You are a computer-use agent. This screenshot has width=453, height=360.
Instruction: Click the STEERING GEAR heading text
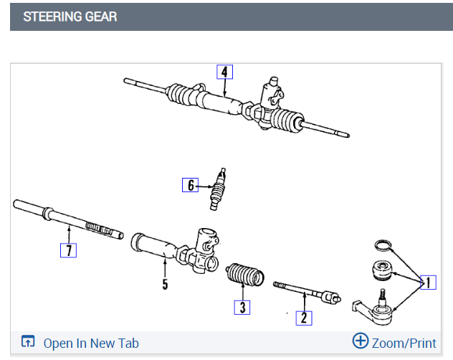click(x=70, y=16)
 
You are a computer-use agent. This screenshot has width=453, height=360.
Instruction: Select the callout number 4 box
click(x=224, y=72)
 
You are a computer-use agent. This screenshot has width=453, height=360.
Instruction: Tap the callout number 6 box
click(x=190, y=185)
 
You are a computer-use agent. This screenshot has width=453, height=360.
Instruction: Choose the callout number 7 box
click(x=68, y=250)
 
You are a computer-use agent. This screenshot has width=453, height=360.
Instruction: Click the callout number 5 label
click(x=165, y=285)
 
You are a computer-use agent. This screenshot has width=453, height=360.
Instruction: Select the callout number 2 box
click(x=304, y=317)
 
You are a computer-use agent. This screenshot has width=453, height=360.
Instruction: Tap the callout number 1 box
click(x=428, y=282)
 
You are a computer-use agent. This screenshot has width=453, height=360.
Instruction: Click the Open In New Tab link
click(x=91, y=343)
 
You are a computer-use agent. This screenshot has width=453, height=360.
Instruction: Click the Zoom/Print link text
click(x=404, y=343)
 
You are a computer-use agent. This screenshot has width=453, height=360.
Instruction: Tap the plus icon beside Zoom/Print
click(x=361, y=341)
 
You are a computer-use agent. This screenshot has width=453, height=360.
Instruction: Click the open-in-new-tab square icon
click(x=28, y=342)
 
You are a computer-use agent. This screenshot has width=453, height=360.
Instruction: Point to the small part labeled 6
click(x=217, y=188)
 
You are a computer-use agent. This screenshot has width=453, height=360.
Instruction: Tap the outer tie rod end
click(x=376, y=308)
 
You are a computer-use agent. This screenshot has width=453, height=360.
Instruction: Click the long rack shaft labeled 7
click(x=68, y=219)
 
